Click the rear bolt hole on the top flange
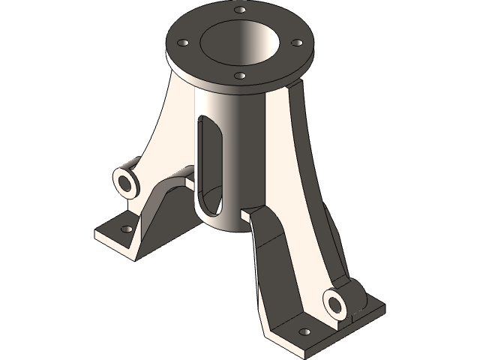(240, 10)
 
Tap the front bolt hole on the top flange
(239, 75)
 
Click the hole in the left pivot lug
(124, 181)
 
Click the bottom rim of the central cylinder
(225, 229)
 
